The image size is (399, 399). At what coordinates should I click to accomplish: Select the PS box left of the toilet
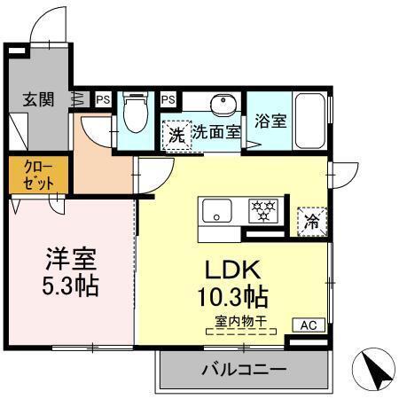[x=103, y=98]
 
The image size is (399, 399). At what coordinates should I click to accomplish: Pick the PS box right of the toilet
[x=168, y=98]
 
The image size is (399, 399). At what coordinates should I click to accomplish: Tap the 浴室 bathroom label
[x=270, y=121]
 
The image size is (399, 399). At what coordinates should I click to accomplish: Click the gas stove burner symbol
[x=262, y=211]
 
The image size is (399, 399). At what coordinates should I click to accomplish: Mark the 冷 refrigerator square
[x=311, y=221]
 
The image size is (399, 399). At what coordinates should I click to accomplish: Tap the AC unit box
[x=308, y=325]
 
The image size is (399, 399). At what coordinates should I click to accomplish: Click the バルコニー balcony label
[x=242, y=369]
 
